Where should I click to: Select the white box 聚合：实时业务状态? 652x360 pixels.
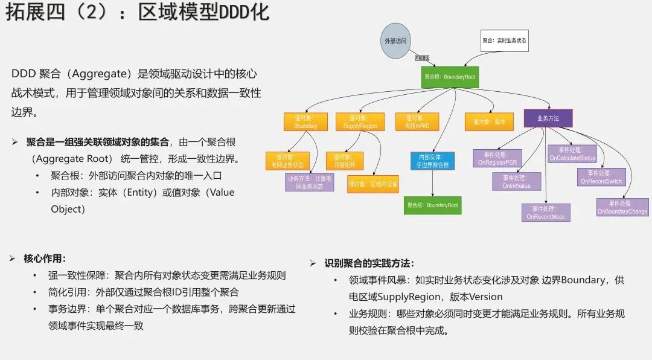[x=505, y=41]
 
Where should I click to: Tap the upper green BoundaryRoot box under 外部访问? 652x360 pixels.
[x=450, y=77]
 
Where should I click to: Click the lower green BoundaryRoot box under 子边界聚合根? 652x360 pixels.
[x=432, y=205]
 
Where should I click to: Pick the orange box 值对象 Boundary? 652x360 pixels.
[x=305, y=122]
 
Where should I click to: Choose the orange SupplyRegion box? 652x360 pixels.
[x=360, y=122]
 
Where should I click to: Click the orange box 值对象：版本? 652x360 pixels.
[x=489, y=122]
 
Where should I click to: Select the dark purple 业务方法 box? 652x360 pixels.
[x=548, y=118]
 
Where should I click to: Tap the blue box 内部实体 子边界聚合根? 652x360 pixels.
[x=432, y=161]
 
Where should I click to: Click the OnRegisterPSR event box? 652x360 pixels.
[x=497, y=158]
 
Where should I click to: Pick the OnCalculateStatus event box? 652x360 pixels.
[x=572, y=154]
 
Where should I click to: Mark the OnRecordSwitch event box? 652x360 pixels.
[x=601, y=177]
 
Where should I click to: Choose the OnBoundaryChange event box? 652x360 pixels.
[x=622, y=207]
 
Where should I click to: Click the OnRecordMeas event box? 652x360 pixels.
[x=546, y=213]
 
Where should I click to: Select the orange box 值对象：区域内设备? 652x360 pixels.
[x=372, y=184]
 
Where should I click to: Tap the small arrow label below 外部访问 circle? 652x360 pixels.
[x=422, y=58]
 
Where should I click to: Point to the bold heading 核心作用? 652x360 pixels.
[x=45, y=259]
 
